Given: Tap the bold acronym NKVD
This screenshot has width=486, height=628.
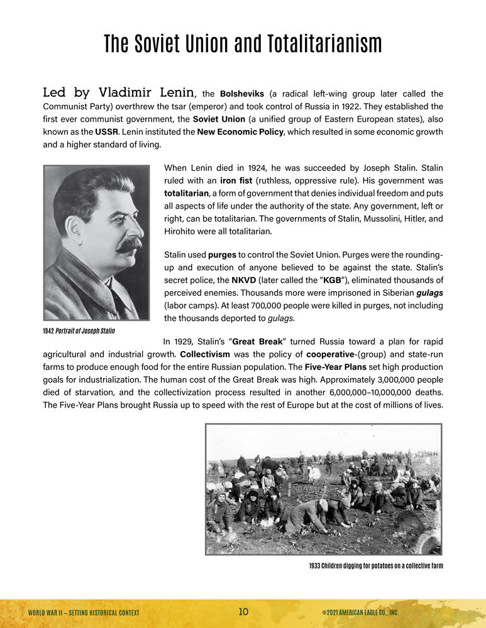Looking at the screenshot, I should tap(244, 280).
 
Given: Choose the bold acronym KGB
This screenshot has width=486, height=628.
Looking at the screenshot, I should tap(333, 280).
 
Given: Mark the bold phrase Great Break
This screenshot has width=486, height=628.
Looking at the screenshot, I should tap(258, 342).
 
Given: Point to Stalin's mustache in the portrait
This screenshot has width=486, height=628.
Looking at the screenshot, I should tap(130, 244).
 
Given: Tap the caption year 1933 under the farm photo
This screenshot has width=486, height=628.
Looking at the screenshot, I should tap(316, 566).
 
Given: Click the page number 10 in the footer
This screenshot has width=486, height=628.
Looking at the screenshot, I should tap(244, 612).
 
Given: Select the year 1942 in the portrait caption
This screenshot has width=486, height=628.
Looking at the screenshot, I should tap(50, 330).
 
